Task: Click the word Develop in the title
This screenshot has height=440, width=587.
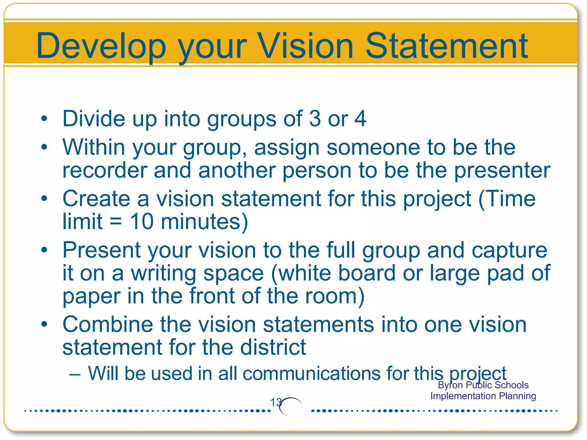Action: coord(101,46)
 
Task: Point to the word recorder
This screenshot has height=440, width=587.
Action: coord(105,170)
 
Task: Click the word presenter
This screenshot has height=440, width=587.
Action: coord(502,170)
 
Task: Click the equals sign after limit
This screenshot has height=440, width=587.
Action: coord(116,222)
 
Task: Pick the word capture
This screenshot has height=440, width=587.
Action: coord(509,250)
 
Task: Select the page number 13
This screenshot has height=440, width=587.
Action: coord(276,402)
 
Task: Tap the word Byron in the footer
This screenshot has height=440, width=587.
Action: coord(448,385)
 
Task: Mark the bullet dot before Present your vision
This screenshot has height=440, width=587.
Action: coord(44,250)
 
